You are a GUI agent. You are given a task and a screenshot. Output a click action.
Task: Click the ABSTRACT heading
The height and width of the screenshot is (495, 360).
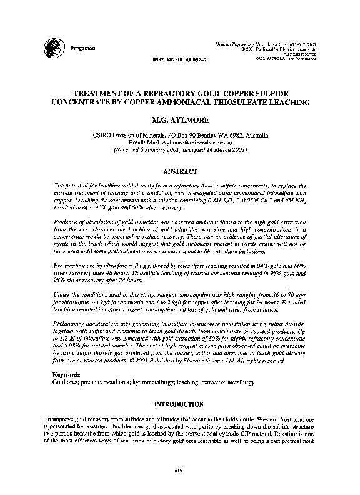click(x=179, y=170)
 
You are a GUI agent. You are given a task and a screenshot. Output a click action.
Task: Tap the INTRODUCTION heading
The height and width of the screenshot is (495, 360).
click(x=179, y=405)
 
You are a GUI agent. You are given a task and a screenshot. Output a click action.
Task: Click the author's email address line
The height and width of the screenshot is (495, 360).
click(x=179, y=142)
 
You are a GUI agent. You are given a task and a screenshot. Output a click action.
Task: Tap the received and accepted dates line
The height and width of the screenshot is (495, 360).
click(x=179, y=150)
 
